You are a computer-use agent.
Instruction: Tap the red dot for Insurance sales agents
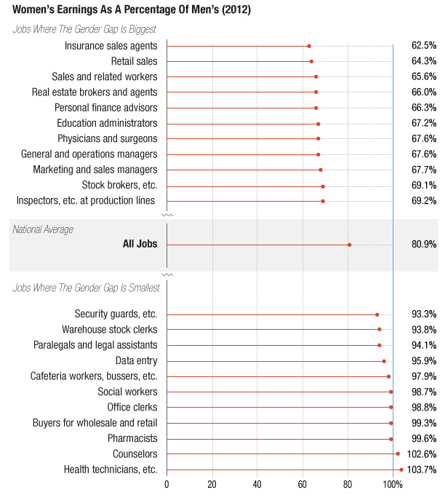pos(309,46)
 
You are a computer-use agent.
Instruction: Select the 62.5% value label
pos(423,46)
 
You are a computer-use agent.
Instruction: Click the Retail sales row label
pos(134,61)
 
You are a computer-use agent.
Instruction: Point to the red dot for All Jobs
pos(350,245)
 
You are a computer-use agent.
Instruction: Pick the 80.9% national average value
pos(423,245)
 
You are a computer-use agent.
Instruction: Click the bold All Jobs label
pos(140,245)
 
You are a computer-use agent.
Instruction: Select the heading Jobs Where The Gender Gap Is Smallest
pos(86,288)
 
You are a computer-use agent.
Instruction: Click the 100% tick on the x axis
pos(393,483)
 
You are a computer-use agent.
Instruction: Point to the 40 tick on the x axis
pos(257,483)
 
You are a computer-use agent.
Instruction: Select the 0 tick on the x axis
pos(167,483)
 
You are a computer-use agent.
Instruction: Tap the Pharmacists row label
pos(132,439)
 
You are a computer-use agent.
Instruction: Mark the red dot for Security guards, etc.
pos(377,314)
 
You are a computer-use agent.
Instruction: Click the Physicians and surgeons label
pos(107,138)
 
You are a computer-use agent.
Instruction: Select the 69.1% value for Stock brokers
pos(423,185)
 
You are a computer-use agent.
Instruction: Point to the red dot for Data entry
pos(384,361)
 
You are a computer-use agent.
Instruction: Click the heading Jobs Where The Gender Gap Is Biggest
pos(84,29)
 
